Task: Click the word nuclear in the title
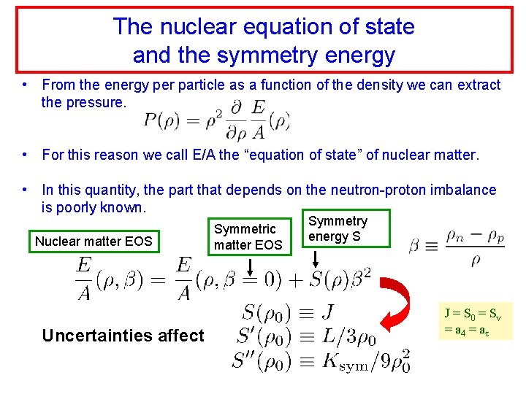[186, 27]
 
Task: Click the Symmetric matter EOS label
[248, 237]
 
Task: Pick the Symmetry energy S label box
[339, 228]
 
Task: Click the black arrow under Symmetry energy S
[316, 258]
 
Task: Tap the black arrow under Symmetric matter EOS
[248, 268]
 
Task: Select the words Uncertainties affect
[123, 336]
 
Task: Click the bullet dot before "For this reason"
[26, 155]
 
